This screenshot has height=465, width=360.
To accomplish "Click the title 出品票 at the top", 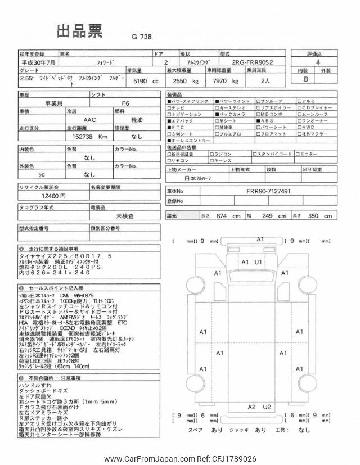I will pyautogui.click(x=79, y=31).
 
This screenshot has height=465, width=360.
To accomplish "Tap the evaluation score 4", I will pyautogui.click(x=318, y=62).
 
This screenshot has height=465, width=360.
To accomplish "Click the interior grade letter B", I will pyautogui.click(x=306, y=79).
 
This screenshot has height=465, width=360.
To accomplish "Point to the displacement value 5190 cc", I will pyautogui.click(x=145, y=81).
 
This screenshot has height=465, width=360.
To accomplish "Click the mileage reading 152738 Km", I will pyautogui.click(x=87, y=136).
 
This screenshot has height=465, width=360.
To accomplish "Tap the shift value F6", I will pyautogui.click(x=125, y=103).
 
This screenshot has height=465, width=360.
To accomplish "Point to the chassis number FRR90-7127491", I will pyautogui.click(x=268, y=191).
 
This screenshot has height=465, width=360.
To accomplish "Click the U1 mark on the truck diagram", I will pyautogui.click(x=258, y=263).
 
